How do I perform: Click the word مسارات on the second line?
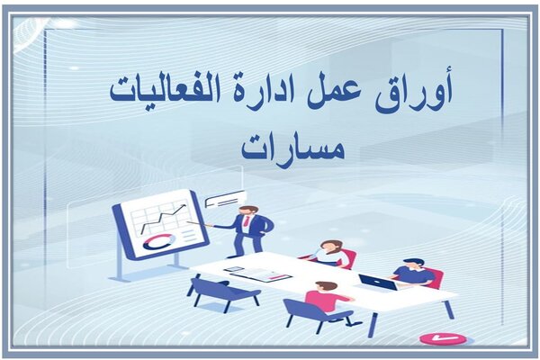tap(293, 148)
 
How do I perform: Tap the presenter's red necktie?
tap(247, 220)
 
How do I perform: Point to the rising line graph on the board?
tap(163, 218)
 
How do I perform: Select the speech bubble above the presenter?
tap(225, 200)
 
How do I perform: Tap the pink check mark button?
tap(443, 337)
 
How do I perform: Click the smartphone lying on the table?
tap(234, 269)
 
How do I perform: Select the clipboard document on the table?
tap(262, 274)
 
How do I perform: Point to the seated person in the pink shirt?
tap(328, 297)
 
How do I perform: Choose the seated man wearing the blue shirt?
tap(411, 273)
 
